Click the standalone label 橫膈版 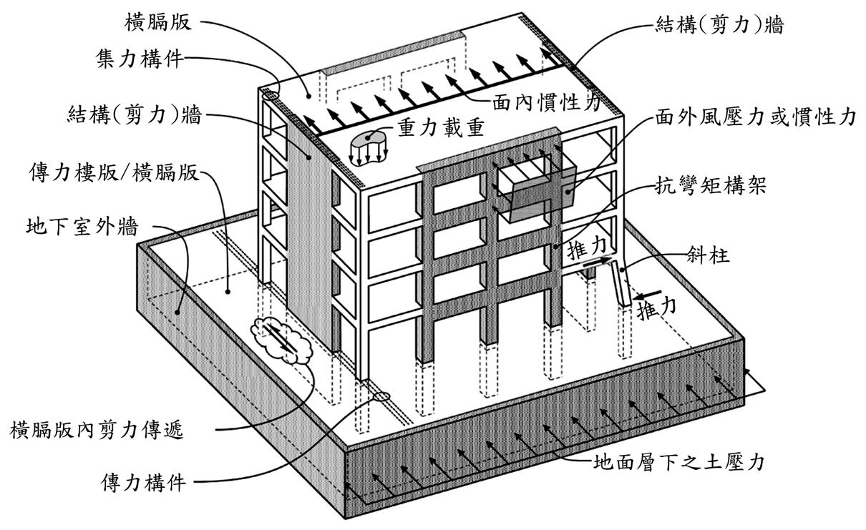click(157, 22)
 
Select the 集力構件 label click(140, 59)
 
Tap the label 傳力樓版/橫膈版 click(114, 172)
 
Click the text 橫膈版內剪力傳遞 click(97, 430)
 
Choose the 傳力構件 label click(143, 483)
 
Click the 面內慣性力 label click(546, 103)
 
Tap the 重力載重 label click(441, 128)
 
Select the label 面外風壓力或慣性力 click(756, 117)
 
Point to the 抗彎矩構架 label click(711, 186)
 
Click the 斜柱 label click(709, 255)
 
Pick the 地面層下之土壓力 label click(679, 462)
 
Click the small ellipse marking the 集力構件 click(271, 94)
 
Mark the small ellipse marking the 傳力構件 click(382, 396)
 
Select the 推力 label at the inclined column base click(657, 310)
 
